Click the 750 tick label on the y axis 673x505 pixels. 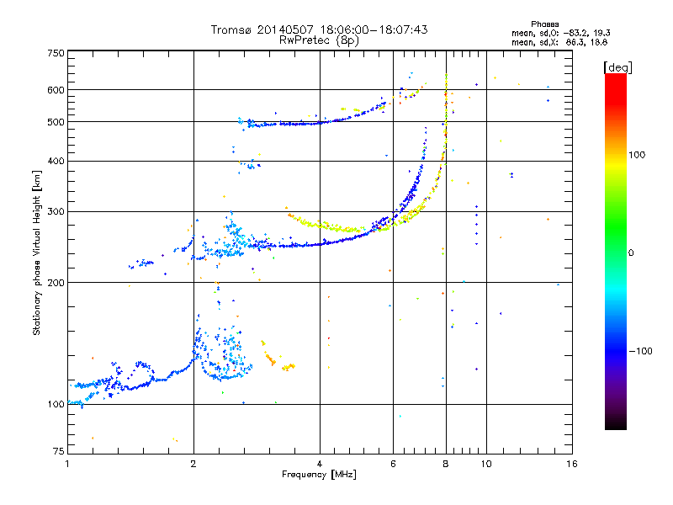[56, 53]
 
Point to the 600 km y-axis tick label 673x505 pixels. [56, 90]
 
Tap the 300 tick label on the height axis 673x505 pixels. [56, 212]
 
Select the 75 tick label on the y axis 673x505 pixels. [59, 451]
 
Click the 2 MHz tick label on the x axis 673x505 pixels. [193, 464]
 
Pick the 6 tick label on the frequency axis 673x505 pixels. [393, 464]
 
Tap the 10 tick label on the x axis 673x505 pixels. [486, 464]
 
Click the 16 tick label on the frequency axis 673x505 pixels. [572, 464]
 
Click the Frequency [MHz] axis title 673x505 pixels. [319, 475]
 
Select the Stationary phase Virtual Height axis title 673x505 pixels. [37, 252]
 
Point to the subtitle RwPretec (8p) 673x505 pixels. [319, 40]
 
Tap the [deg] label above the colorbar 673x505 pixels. [617, 67]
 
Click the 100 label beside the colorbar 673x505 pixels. [637, 155]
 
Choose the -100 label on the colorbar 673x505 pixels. [640, 351]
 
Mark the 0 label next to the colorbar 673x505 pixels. [631, 253]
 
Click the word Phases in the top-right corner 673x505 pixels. [544, 24]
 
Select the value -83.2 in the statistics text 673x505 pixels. [577, 33]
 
